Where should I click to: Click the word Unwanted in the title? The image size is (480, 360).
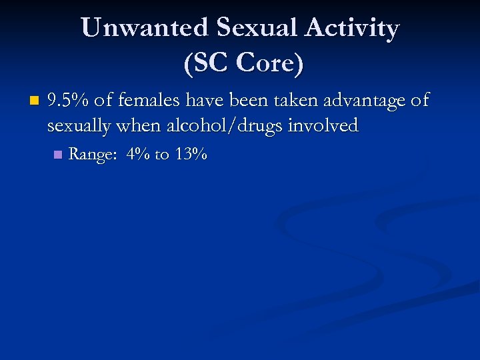[143, 29]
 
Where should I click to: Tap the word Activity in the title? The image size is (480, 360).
[353, 29]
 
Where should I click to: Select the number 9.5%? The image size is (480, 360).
[69, 101]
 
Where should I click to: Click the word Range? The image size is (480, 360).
[93, 155]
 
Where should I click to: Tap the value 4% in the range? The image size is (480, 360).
[137, 155]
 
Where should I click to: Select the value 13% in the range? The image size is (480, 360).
[191, 155]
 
